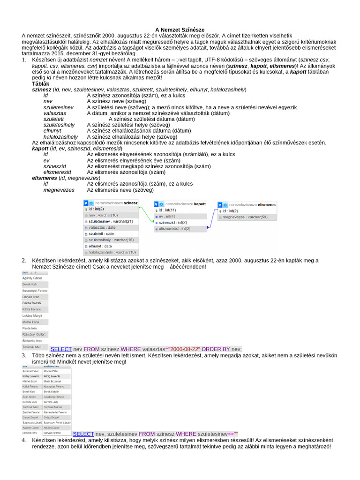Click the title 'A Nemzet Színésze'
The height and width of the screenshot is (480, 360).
pos(180,30)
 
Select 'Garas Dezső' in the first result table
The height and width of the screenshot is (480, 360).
pos(32,303)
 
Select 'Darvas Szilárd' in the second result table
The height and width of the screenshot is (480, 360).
pos(52,433)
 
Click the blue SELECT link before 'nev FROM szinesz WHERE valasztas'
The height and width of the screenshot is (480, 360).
pos(61,349)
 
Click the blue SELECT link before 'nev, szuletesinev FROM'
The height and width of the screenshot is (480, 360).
pos(83,434)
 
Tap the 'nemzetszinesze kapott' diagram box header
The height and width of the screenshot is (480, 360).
pos(180,204)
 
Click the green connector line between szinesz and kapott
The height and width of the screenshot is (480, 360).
pos(146,216)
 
